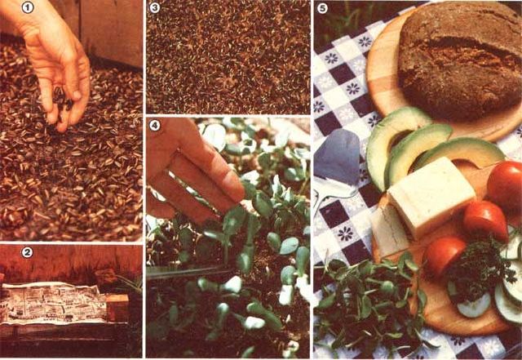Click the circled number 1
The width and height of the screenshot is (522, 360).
27,7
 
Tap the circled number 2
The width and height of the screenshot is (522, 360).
27,252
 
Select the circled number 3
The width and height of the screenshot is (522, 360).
154,7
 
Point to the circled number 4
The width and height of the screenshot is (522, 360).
154,125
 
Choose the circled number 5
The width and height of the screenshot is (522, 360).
322,8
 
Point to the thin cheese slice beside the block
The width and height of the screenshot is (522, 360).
390,230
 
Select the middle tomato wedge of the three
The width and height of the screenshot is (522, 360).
485,220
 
